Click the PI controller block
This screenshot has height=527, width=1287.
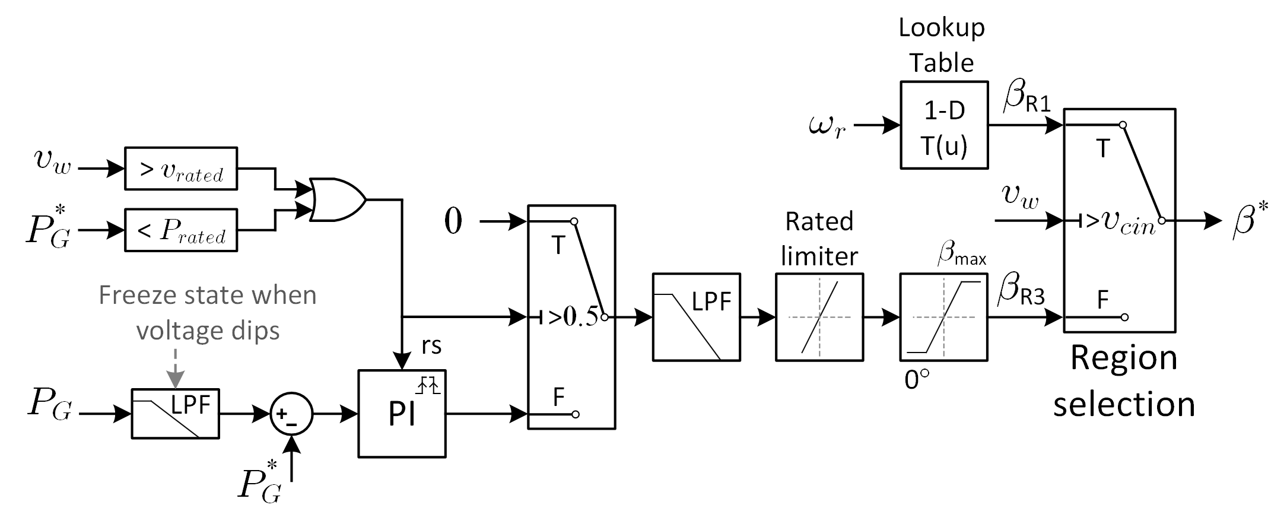point(402,414)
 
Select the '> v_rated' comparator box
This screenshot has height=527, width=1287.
point(181,169)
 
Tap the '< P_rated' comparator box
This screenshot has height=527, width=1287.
point(181,230)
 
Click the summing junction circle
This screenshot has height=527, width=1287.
point(291,414)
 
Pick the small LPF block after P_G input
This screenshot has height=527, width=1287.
point(175,414)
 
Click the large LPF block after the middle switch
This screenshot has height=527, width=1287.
point(696,317)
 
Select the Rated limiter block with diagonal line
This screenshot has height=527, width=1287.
point(819,317)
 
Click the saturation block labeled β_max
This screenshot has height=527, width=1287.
point(943,317)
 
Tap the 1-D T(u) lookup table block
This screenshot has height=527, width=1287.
point(943,125)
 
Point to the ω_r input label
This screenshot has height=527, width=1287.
point(827,126)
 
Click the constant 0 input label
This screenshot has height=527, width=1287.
point(453,222)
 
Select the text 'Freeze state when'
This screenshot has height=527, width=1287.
point(208,295)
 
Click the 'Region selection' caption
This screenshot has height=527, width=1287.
point(1123,381)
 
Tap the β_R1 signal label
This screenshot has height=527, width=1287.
point(1025,99)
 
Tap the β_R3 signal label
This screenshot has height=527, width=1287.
point(1021,290)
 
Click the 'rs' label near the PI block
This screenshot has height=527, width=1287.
point(431,346)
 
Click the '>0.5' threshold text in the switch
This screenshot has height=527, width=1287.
point(573,318)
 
